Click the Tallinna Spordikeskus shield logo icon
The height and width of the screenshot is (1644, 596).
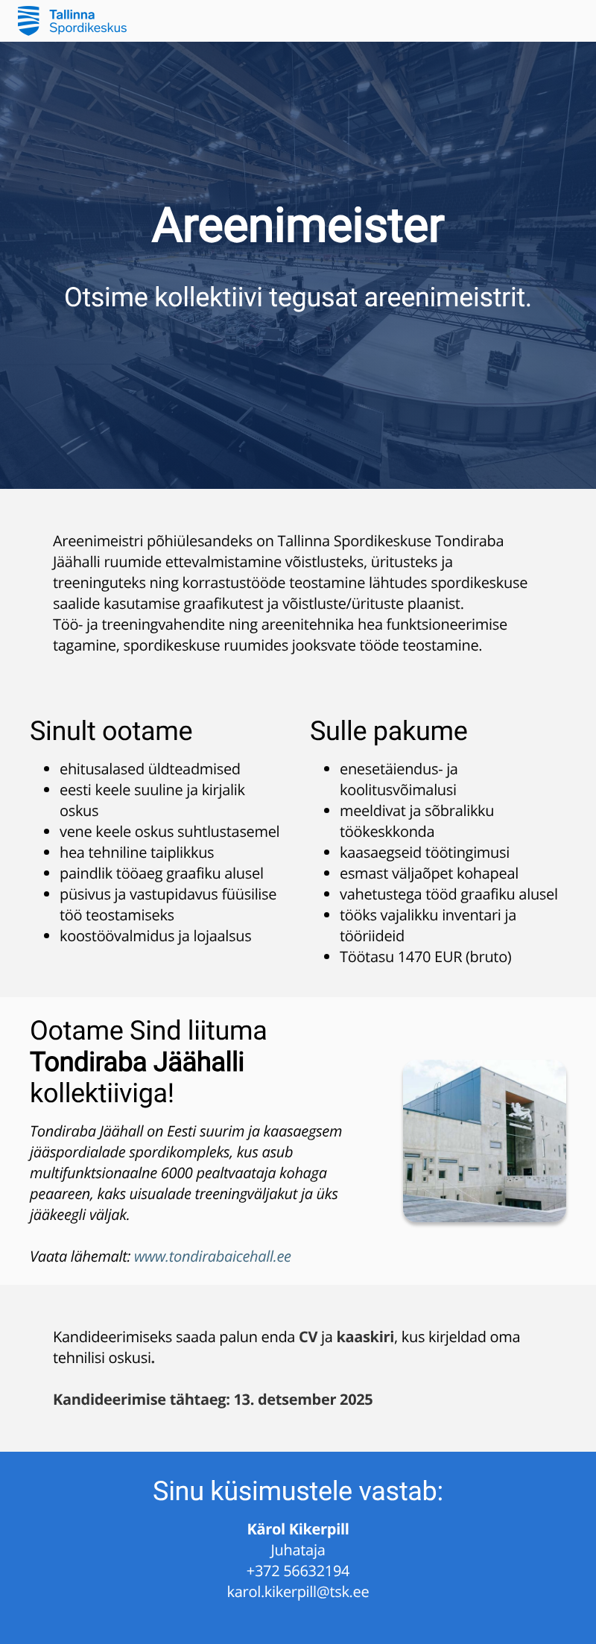coord(28,20)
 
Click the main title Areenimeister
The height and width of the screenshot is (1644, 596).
coord(298,225)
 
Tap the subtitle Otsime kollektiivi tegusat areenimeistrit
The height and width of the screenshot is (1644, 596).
coord(298,297)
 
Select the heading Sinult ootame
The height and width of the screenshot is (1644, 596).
coord(111,731)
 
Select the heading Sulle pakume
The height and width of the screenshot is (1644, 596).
coord(388,731)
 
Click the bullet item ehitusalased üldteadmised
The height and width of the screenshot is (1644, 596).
coord(150,769)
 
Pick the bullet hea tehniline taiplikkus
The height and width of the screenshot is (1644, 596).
coord(136,853)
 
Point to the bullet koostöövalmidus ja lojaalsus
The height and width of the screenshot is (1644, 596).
coord(155,936)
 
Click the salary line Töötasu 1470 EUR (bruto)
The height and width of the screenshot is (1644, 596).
coord(425,957)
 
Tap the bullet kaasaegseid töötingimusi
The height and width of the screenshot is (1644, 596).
coord(425,853)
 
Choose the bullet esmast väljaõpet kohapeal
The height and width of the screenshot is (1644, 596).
coord(428,873)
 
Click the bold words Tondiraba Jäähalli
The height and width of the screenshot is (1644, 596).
coord(137,1062)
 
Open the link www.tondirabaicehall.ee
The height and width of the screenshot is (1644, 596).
coord(212,1256)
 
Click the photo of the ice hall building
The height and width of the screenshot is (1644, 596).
coord(484,1140)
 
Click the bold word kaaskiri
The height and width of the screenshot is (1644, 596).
coord(365,1337)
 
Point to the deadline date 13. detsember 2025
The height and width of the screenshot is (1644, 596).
coord(303,1400)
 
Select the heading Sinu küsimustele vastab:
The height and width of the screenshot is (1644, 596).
coord(298,1491)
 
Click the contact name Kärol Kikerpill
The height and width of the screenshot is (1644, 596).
coord(298,1529)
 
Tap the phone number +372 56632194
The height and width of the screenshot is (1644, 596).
coord(298,1571)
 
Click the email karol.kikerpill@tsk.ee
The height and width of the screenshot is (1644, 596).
coord(298,1592)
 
